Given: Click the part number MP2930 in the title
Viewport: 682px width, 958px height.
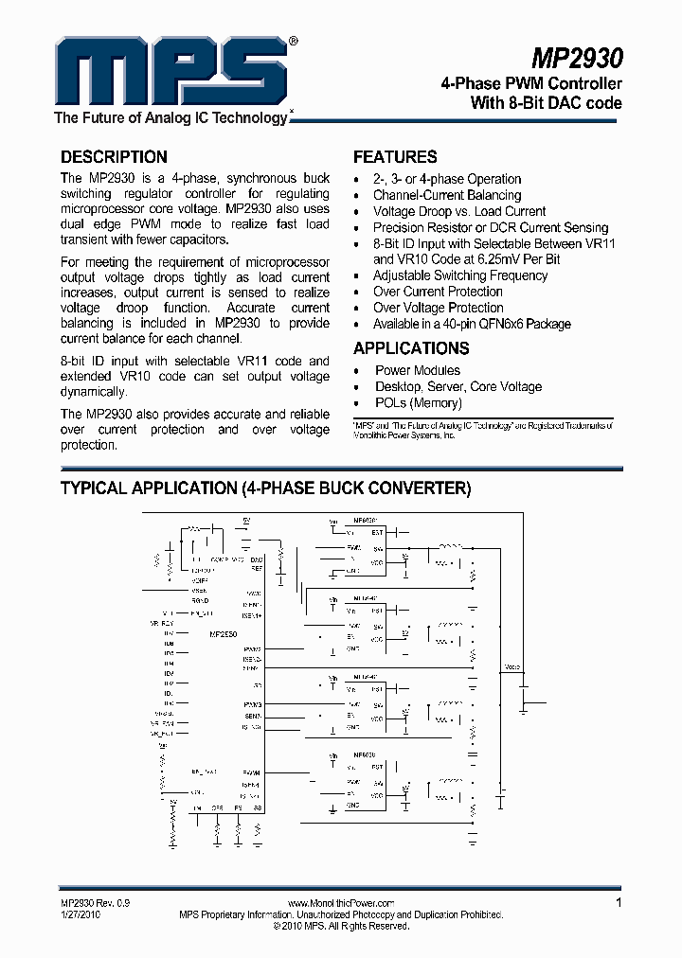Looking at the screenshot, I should [x=576, y=59].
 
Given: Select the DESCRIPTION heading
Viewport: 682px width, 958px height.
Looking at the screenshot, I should [x=114, y=157].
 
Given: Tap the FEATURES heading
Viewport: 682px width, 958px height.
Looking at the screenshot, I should [x=395, y=157].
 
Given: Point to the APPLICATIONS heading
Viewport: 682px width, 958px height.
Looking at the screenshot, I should [x=411, y=347].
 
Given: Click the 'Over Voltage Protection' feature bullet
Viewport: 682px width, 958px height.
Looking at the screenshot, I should [x=438, y=308].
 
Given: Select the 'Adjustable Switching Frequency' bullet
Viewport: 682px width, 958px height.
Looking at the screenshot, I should [x=460, y=275].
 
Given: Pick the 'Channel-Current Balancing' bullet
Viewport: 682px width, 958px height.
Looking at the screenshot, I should [x=446, y=195].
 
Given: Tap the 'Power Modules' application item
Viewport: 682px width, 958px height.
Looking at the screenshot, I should [x=418, y=370].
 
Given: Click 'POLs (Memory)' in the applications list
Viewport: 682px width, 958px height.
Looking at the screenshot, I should [x=419, y=402].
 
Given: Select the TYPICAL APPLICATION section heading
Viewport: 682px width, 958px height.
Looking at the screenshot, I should [x=265, y=488].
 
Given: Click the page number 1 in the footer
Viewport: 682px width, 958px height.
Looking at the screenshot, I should [x=619, y=903].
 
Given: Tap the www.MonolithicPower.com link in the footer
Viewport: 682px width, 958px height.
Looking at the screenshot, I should [x=340, y=904].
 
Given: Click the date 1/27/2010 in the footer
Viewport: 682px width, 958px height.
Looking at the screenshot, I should [x=81, y=915].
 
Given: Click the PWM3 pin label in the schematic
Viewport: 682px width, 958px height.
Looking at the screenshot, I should [x=252, y=705].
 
